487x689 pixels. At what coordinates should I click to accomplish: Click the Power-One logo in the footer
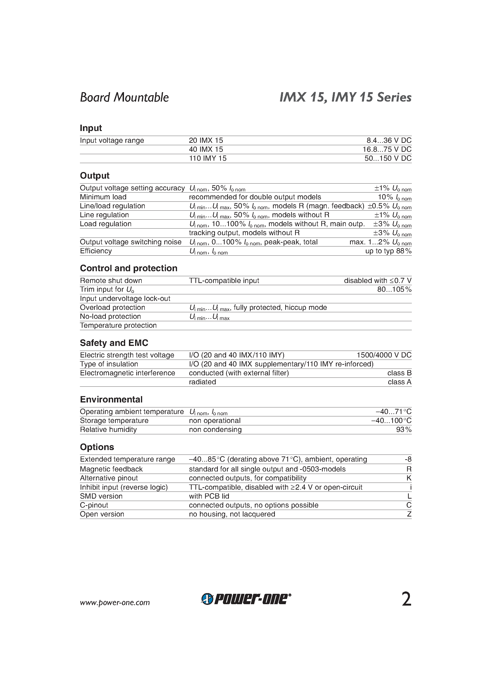tap(246, 599)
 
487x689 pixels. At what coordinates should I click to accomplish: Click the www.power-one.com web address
tap(115, 603)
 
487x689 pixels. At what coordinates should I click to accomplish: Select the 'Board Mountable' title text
tap(124, 98)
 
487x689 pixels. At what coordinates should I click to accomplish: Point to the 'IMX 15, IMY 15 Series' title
tap(345, 98)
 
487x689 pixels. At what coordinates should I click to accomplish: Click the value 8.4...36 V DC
tap(389, 140)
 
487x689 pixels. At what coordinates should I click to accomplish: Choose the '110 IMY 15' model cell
tap(207, 158)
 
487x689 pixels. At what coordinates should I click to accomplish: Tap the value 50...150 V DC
tap(388, 158)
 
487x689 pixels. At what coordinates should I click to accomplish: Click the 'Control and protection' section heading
tap(128, 268)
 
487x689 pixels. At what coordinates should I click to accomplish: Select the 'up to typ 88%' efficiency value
tap(388, 251)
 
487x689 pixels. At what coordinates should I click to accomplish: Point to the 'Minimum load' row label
tap(103, 197)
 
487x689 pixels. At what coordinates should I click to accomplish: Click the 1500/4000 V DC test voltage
tap(384, 355)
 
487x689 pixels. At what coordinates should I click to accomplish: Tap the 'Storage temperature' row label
tap(114, 421)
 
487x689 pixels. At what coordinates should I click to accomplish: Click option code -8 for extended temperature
tap(408, 459)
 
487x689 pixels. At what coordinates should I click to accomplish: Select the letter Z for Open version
tap(409, 514)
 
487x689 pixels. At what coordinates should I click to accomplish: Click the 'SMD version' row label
tap(101, 496)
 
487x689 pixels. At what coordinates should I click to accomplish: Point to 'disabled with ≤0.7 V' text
tap(378, 281)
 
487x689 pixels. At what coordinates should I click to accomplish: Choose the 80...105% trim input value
tap(394, 290)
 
